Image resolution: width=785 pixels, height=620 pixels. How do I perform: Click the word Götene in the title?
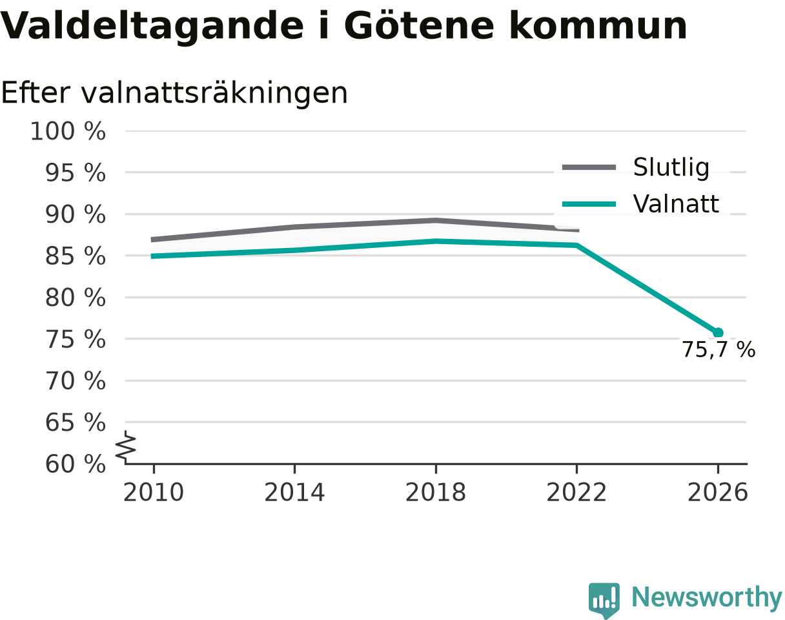[x=419, y=26]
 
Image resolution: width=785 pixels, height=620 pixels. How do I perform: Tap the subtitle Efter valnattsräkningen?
[x=174, y=93]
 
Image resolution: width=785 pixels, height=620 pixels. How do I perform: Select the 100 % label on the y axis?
[x=68, y=131]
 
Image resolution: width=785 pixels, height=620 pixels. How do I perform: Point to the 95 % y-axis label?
[x=75, y=172]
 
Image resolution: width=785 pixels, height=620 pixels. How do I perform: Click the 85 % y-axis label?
[x=75, y=256]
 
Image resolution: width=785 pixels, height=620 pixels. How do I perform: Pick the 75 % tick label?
[x=75, y=339]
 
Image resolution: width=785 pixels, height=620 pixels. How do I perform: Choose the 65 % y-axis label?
[x=75, y=422]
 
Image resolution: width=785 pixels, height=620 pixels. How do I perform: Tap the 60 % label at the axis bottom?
[x=75, y=464]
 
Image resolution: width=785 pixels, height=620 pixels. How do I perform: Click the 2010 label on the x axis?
[x=154, y=493]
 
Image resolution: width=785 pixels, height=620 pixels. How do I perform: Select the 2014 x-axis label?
[x=294, y=493]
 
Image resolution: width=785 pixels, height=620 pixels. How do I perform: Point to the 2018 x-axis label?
[x=436, y=493]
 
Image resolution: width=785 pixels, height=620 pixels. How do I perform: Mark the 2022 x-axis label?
[x=576, y=493]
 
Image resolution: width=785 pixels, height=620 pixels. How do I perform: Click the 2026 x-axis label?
[x=717, y=493]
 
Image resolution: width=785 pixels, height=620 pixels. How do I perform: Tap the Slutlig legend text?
[x=671, y=168]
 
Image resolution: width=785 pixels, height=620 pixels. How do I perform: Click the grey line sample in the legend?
[x=589, y=167]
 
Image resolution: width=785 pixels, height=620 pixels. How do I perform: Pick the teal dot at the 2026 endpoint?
[x=718, y=333]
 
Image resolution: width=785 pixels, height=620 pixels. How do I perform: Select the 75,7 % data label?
[x=719, y=349]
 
